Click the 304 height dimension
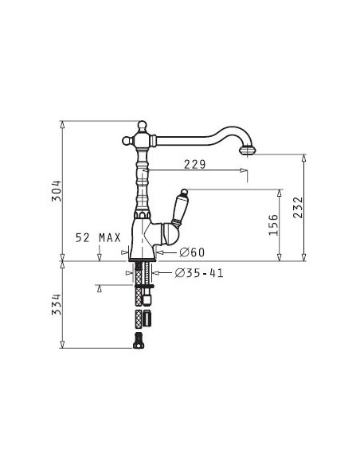[x=56, y=190]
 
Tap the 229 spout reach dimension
[x=194, y=164]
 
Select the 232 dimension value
[x=298, y=208]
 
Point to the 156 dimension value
[x=273, y=225]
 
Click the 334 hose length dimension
[x=56, y=304]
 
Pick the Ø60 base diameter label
[x=192, y=252]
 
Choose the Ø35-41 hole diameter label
[x=199, y=273]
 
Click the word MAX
[x=110, y=237]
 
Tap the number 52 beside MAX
[x=83, y=237]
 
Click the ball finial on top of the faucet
[x=143, y=125]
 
